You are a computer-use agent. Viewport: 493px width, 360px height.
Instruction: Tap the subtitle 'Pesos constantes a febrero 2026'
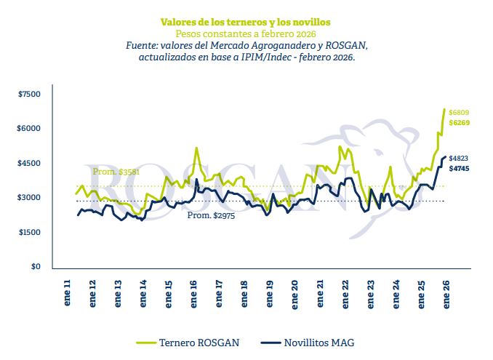point(246,33)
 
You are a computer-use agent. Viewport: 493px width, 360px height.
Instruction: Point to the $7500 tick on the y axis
point(30,95)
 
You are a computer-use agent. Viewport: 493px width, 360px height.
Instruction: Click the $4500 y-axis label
point(30,164)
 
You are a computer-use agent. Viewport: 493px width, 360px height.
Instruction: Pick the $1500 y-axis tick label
point(30,232)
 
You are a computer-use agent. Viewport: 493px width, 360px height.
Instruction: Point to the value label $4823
point(459,159)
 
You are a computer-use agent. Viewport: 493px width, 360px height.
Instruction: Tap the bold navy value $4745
point(459,169)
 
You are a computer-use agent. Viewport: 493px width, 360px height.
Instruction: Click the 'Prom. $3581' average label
point(116,172)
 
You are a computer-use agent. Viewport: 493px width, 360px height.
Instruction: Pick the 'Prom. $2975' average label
point(209,216)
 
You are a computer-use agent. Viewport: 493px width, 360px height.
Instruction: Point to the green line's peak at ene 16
point(196,148)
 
